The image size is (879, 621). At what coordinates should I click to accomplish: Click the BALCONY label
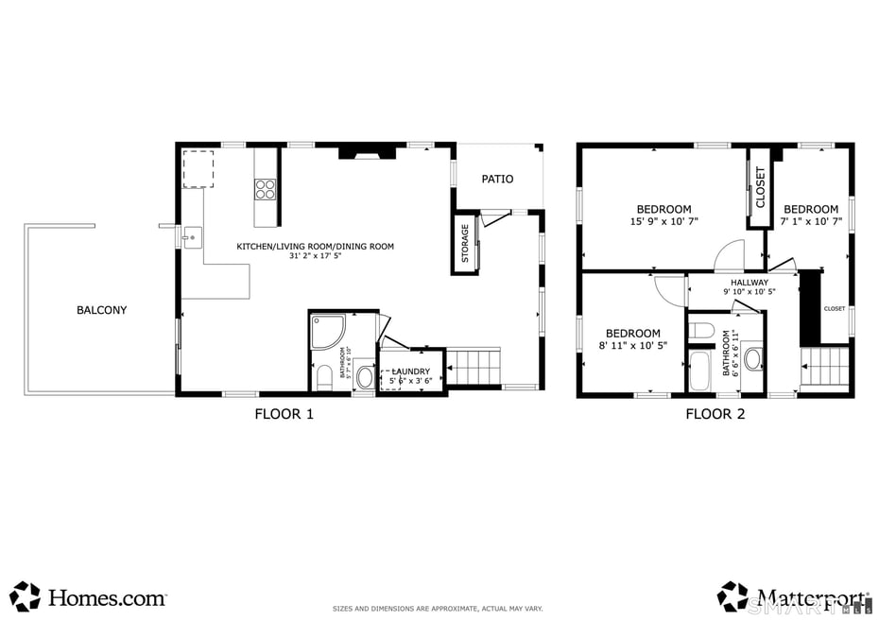click(103, 310)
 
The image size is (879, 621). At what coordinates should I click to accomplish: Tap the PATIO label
click(497, 179)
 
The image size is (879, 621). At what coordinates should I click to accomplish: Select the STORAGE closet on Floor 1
click(465, 243)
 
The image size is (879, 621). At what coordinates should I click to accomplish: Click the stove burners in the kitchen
click(266, 189)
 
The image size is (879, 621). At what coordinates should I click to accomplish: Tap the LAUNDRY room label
click(411, 371)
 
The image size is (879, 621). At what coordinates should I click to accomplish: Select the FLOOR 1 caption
click(284, 414)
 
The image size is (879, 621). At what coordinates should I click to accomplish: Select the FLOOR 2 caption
click(715, 414)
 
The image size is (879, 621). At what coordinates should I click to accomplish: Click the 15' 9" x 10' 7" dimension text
click(664, 223)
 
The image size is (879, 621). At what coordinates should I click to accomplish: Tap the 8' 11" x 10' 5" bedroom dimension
click(632, 346)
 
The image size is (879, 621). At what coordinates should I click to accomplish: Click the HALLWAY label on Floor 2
click(749, 283)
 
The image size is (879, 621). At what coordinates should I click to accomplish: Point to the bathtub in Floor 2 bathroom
click(700, 372)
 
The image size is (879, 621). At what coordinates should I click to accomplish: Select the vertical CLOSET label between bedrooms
click(760, 187)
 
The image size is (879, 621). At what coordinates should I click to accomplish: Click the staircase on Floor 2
click(825, 366)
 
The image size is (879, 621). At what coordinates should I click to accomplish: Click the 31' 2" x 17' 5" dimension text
click(315, 256)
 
